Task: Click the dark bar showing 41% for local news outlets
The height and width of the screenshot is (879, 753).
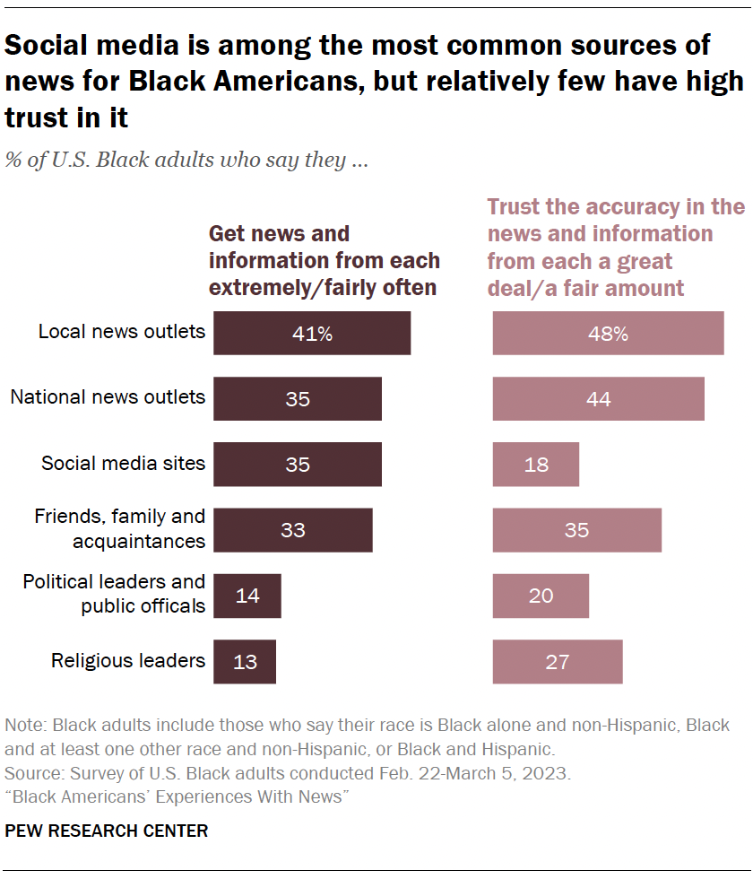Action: pos(312,334)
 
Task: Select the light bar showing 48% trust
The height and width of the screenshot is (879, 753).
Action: pos(608,334)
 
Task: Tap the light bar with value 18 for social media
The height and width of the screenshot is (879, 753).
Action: pos(536,465)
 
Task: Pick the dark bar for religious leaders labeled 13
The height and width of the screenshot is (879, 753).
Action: pos(245,662)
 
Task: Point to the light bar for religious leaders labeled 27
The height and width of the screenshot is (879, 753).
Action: pos(557,662)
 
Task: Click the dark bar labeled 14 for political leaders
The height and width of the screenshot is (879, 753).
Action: pos(247,596)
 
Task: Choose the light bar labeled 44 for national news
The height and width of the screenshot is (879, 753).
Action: pos(598,399)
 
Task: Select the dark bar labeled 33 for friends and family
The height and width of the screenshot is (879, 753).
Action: pos(293,530)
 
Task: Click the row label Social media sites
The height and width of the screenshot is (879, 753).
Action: pos(123,464)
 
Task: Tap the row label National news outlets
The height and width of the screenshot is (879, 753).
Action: pos(108,396)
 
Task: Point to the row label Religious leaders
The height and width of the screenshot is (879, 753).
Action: pos(128,661)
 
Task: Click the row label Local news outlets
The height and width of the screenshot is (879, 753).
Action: pos(121,332)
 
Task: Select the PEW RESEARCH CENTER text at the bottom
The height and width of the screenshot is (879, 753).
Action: pos(106,831)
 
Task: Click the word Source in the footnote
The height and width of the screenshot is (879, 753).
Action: pos(29,772)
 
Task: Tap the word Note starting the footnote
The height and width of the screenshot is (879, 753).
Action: pos(22,725)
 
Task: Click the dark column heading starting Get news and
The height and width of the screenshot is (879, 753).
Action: pos(324,260)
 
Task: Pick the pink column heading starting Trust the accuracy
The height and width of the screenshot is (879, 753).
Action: pos(615,248)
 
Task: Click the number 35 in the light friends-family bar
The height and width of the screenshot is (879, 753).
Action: pos(576,530)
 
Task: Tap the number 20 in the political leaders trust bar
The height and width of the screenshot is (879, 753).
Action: pos(541,596)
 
